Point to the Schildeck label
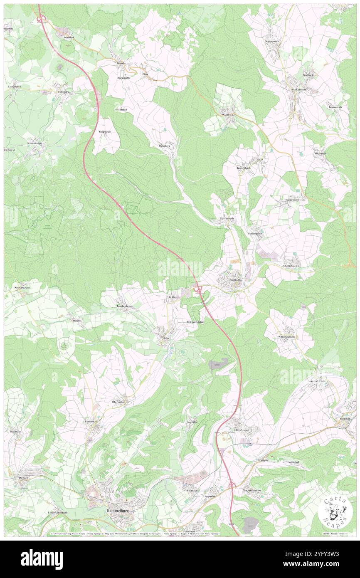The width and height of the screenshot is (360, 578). [x=69, y=37]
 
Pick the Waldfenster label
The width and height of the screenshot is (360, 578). [x=229, y=114]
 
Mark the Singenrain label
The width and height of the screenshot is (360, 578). [x=105, y=131]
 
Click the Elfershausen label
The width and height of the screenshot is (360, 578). [x=241, y=430]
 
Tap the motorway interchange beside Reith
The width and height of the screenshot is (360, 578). [x=198, y=288]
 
